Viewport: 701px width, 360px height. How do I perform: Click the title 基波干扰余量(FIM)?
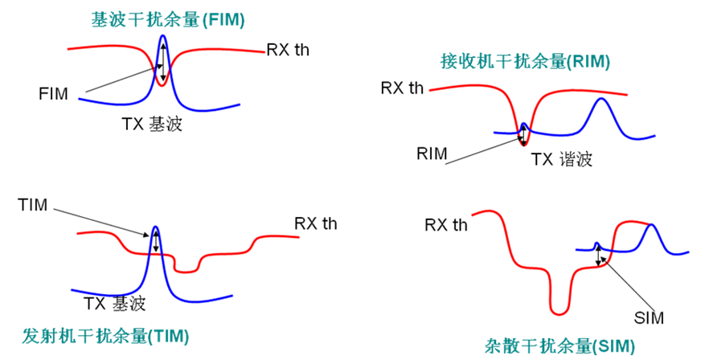coord(168,20)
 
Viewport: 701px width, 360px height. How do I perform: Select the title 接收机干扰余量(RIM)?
coord(525,61)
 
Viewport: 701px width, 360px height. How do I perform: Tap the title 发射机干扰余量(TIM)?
coord(105,336)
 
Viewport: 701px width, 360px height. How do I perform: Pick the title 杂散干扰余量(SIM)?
coord(560,346)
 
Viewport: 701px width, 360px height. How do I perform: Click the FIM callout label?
coord(53,94)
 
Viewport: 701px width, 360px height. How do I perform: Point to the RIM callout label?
coord(432,153)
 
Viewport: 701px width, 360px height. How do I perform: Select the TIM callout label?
coord(33,205)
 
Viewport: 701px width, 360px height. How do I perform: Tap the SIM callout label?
coord(649,318)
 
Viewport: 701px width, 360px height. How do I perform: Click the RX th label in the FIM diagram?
coord(288,50)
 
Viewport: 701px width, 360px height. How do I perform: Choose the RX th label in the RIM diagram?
coord(402,88)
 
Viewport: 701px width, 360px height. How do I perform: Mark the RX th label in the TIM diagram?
coord(316,223)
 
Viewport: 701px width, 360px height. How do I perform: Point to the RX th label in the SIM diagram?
coord(445,225)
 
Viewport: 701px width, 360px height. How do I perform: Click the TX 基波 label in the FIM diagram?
coord(152,124)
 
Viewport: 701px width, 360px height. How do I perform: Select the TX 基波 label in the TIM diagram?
coord(115,303)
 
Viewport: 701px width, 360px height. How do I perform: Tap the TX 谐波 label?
coord(561,159)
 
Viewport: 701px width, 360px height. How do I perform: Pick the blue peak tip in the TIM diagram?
coord(156,227)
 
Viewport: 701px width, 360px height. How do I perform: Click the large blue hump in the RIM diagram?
coord(601,99)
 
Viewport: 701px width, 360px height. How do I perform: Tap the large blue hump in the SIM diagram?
coord(650,225)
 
